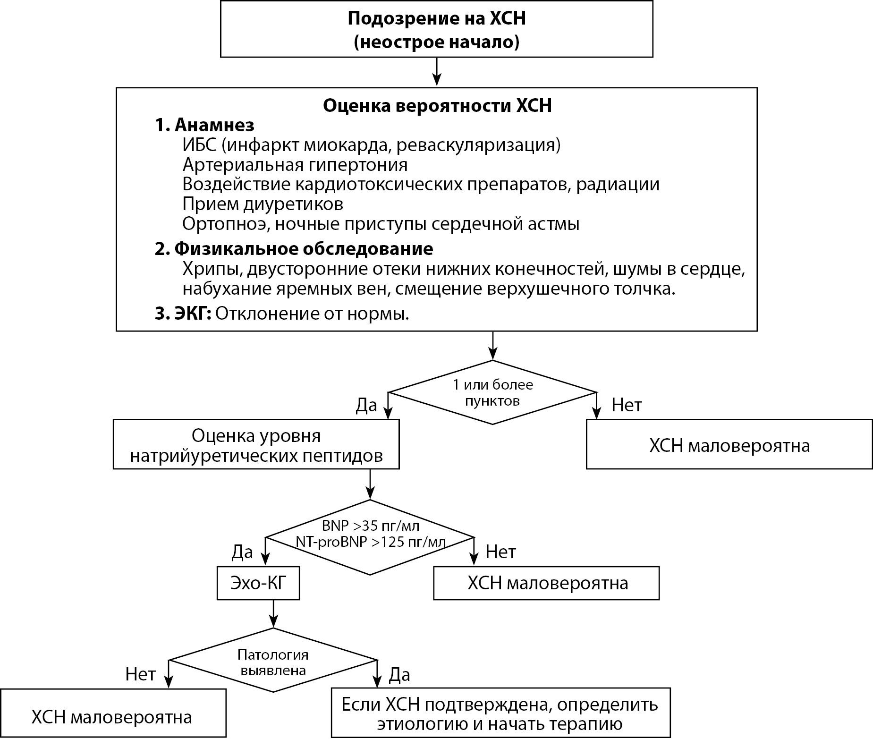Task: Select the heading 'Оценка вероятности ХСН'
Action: [437, 106]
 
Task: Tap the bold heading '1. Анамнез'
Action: [204, 125]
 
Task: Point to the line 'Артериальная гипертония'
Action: [295, 165]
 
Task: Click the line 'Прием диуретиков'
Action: [263, 204]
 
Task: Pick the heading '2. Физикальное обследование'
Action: [294, 249]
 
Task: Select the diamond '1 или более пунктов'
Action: [492, 392]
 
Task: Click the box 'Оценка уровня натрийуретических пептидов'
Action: [256, 445]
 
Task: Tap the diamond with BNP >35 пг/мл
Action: [370, 537]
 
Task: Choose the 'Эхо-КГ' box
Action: [258, 583]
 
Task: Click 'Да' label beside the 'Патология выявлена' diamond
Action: [399, 675]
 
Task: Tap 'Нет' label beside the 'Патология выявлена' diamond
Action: [140, 674]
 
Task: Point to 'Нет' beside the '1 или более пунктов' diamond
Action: [627, 405]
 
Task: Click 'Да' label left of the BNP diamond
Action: [242, 551]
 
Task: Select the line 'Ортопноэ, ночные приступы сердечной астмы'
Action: [381, 224]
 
